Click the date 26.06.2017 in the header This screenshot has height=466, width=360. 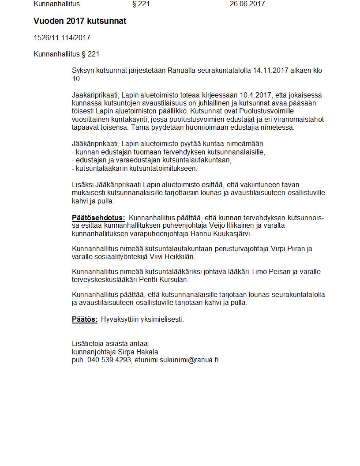click(x=247, y=4)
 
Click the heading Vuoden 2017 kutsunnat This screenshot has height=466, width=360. click(x=80, y=21)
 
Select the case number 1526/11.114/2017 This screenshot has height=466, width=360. click(x=62, y=38)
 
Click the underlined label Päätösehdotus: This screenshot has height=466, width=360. click(x=98, y=218)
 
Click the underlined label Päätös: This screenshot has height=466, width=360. click(x=85, y=319)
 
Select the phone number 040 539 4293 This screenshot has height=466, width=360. click(x=109, y=360)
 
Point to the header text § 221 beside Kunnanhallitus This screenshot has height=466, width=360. click(x=141, y=4)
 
